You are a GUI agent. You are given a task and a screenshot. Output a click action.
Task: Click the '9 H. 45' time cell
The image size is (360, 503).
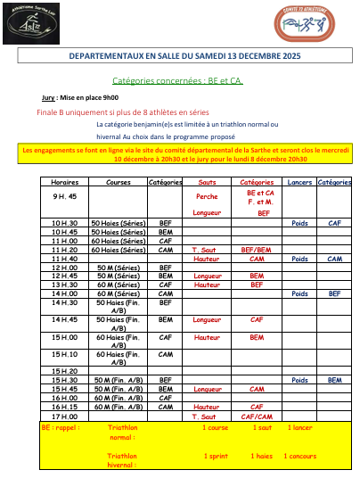[64, 196]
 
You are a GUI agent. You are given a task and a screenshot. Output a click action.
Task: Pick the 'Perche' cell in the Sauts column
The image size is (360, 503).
[206, 196]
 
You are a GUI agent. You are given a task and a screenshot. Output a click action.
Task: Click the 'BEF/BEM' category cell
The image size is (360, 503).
[257, 250]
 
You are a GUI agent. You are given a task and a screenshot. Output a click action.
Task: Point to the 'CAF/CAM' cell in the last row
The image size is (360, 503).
[257, 416]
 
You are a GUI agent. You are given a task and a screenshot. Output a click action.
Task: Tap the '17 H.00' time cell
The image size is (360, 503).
[64, 416]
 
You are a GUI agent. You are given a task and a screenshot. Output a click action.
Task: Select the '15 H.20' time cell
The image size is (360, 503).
[64, 370]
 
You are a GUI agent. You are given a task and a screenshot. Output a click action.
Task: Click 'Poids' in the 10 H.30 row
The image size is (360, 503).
[300, 223]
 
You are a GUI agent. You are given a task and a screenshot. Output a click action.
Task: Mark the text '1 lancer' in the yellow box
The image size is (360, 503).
[302, 427]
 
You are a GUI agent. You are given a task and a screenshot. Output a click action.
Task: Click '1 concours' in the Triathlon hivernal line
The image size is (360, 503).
[301, 456]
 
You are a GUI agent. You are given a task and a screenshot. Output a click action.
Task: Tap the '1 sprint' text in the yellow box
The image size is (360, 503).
[217, 456]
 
